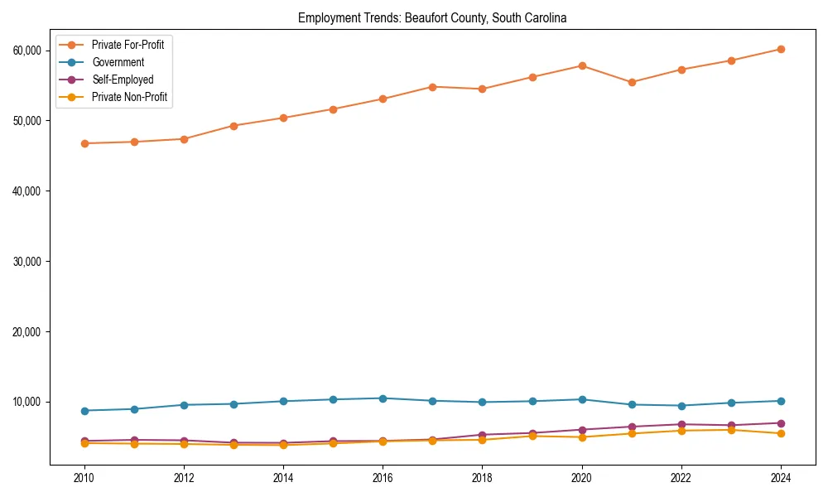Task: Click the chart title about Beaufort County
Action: [432, 18]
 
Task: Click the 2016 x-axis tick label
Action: [383, 478]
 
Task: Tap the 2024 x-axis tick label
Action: [780, 478]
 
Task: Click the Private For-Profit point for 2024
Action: [780, 49]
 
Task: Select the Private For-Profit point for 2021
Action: [631, 82]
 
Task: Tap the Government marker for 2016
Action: [383, 398]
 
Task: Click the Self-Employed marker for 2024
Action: [780, 423]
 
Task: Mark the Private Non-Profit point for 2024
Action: [780, 433]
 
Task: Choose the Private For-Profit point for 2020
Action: [581, 65]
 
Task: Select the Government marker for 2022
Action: [681, 406]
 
